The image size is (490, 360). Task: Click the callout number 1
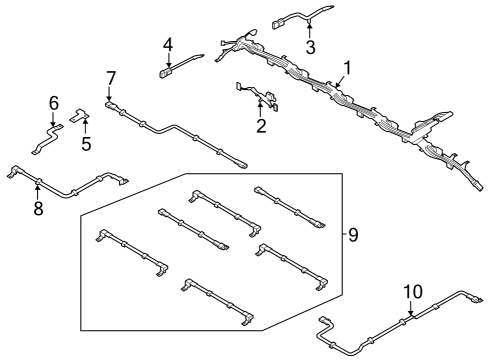click(347, 69)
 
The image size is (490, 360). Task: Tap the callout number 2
click(261, 125)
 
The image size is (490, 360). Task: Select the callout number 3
click(311, 47)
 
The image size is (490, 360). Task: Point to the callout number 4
click(168, 44)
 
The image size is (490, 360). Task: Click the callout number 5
click(85, 144)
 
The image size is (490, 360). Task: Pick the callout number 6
click(54, 102)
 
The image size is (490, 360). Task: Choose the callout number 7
click(111, 77)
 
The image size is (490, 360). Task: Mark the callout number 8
click(38, 209)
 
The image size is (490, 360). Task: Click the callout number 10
click(413, 293)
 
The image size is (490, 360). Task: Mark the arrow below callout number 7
click(111, 93)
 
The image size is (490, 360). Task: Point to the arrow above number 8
click(38, 192)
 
